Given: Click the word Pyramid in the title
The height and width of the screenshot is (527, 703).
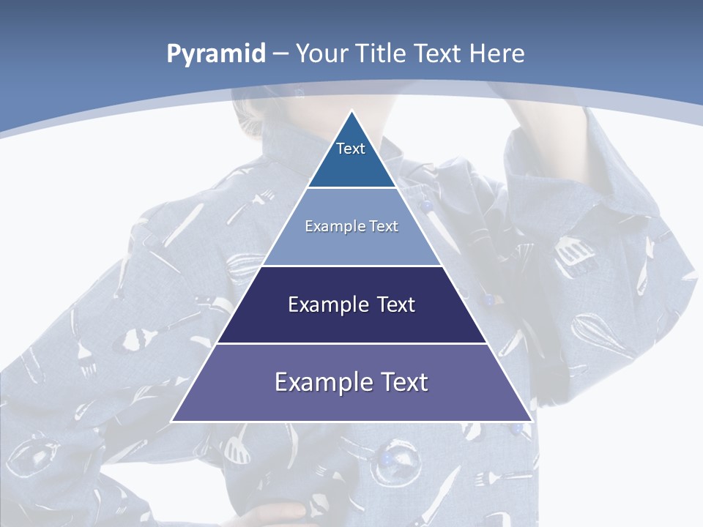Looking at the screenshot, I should [x=216, y=54].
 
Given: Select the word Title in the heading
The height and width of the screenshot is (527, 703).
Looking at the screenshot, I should [x=381, y=53].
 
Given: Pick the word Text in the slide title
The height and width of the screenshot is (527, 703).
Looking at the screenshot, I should [x=438, y=53].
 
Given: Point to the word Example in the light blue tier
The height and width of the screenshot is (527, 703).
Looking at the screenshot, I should [x=328, y=226].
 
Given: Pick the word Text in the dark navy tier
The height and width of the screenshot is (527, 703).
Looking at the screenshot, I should [x=396, y=304].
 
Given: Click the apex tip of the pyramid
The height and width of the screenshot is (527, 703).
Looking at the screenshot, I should [x=351, y=111].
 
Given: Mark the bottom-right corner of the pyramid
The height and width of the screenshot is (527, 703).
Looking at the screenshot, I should [x=531, y=421].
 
